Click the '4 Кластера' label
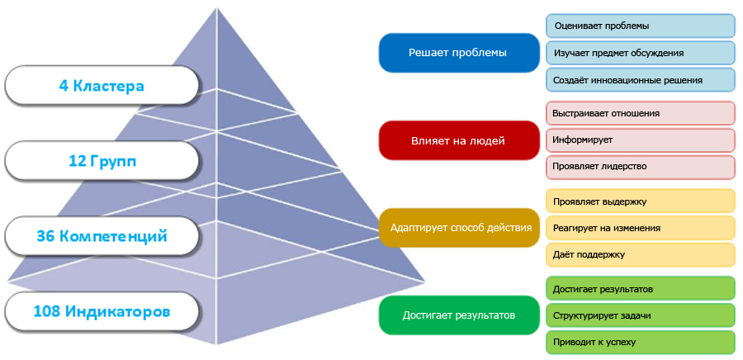pyautogui.click(x=102, y=85)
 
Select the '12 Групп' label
pyautogui.click(x=102, y=161)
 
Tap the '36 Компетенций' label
pyautogui.click(x=102, y=236)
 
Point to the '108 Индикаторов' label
pyautogui.click(x=102, y=312)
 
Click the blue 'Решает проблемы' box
pyautogui.click(x=457, y=53)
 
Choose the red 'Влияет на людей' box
pyautogui.click(x=457, y=140)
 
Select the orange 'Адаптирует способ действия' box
pyautogui.click(x=457, y=227)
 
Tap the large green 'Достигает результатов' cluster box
pyautogui.click(x=457, y=315)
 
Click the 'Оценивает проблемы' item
pyautogui.click(x=640, y=26)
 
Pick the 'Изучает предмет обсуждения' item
pyautogui.click(x=640, y=53)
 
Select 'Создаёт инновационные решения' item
pyautogui.click(x=640, y=80)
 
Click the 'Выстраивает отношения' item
pyautogui.click(x=640, y=113)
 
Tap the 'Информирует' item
pyautogui.click(x=640, y=140)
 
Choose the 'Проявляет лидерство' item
pyautogui.click(x=640, y=166)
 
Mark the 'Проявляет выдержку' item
pyautogui.click(x=640, y=201)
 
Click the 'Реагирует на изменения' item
pyautogui.click(x=640, y=227)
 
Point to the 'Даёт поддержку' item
pyautogui.click(x=640, y=254)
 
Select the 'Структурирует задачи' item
pyautogui.click(x=640, y=315)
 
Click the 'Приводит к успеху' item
pyautogui.click(x=640, y=342)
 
